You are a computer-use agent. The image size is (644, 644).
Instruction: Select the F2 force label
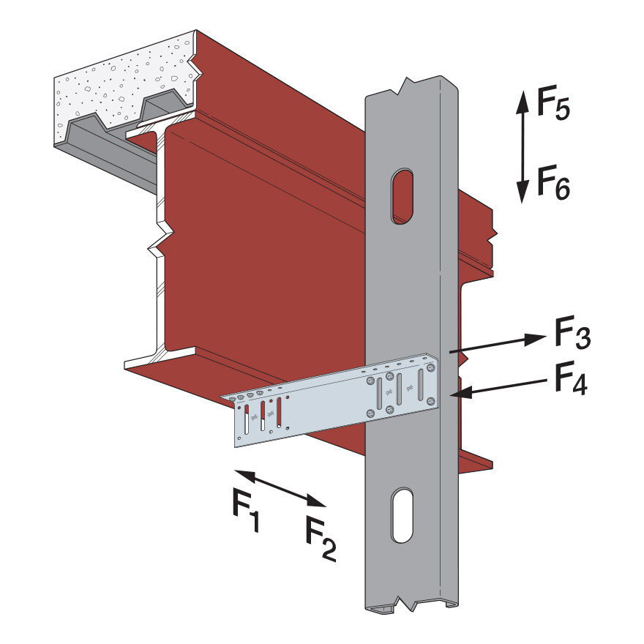(320, 539)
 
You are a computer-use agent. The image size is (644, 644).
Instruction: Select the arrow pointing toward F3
(498, 345)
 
